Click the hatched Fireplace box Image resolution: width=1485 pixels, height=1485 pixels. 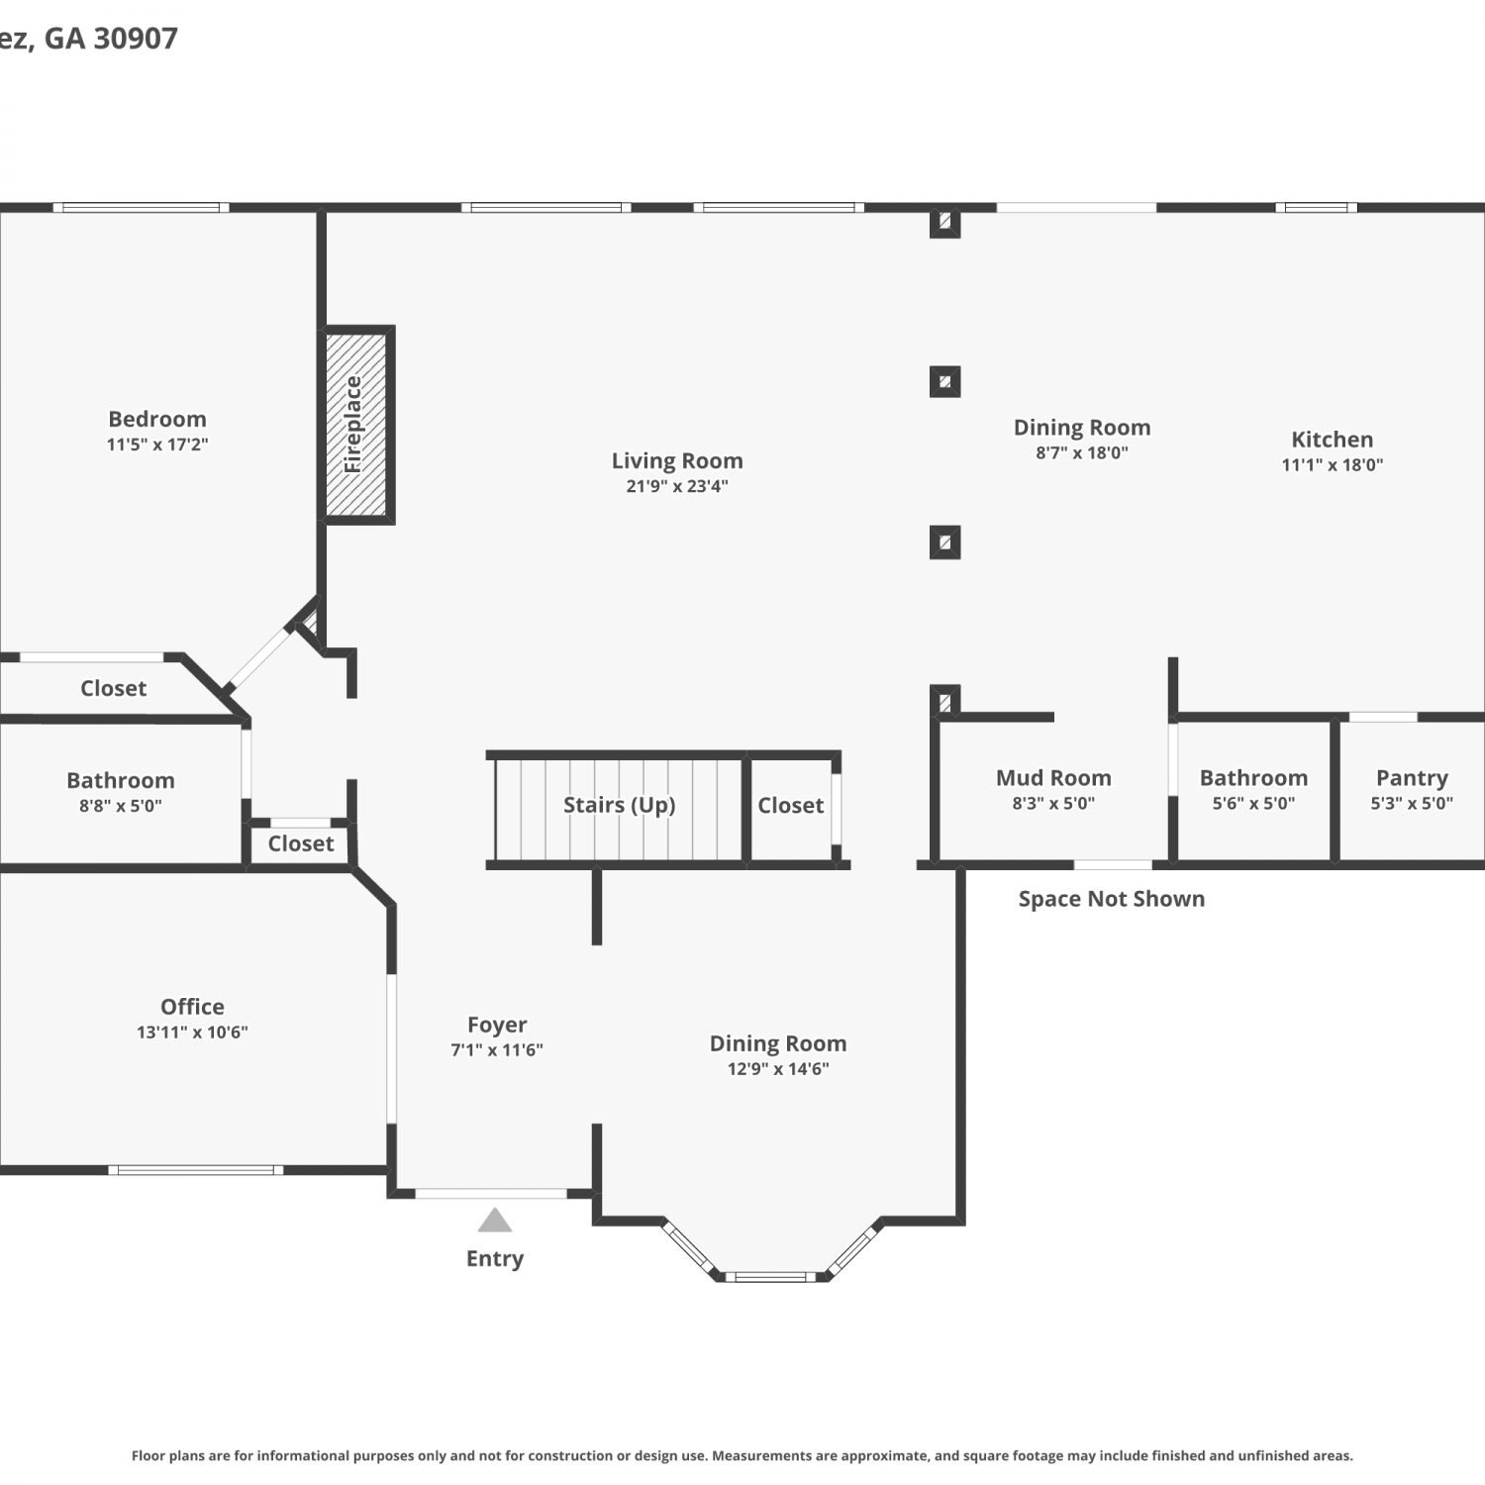tap(356, 425)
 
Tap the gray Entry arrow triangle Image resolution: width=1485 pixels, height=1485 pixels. tap(495, 1220)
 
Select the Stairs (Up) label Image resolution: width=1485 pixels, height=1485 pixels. tap(620, 805)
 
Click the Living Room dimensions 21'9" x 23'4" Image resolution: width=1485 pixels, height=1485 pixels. tap(677, 486)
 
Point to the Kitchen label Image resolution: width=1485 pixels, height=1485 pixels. tap(1333, 440)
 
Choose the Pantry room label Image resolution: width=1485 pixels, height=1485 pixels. tap(1412, 778)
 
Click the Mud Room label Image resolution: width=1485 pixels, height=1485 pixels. tap(1053, 778)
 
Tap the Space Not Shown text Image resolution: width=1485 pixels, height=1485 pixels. tap(1112, 899)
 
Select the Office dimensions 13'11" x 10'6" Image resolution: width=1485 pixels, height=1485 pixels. tap(192, 1032)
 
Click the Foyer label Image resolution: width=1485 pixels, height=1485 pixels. tap(497, 1025)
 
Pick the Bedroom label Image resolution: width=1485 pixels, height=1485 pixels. tap(157, 419)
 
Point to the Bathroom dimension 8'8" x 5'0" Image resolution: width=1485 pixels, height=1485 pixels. tap(121, 806)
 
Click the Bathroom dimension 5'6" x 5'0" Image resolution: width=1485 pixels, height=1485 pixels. tap(1253, 804)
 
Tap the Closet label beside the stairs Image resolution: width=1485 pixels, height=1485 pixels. tap(791, 806)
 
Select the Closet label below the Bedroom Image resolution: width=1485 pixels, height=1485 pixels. tap(114, 688)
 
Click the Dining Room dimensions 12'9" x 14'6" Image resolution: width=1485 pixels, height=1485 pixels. tap(778, 1069)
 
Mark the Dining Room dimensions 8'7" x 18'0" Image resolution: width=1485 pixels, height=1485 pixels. tap(1082, 453)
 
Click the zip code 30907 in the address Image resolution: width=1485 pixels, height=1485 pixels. tap(136, 39)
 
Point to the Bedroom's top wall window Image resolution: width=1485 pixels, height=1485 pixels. tap(141, 208)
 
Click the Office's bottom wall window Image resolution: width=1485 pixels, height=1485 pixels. tap(196, 1170)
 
